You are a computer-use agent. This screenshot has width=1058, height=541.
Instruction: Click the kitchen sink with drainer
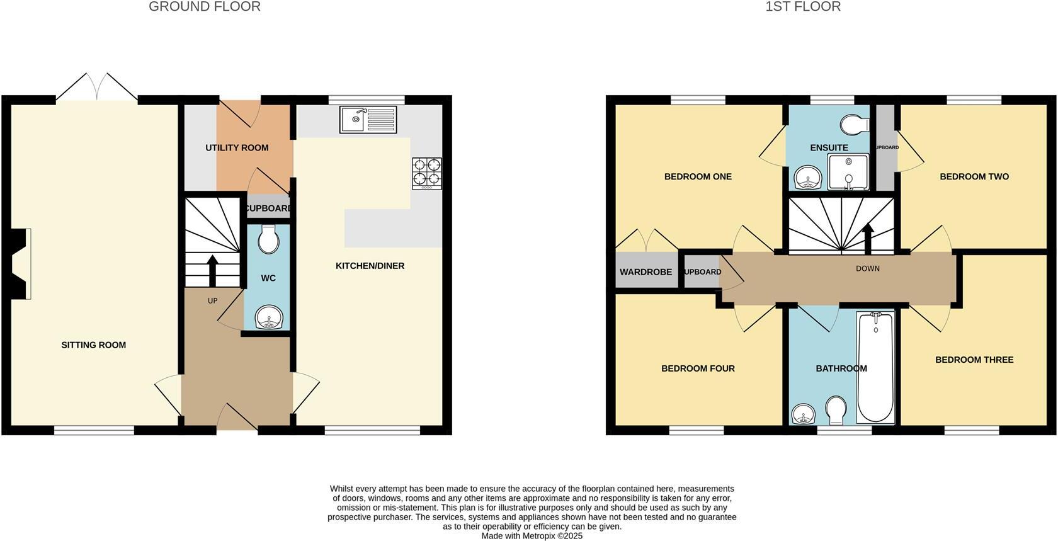point(368,120)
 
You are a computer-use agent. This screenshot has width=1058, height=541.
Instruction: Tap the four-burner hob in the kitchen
point(427,173)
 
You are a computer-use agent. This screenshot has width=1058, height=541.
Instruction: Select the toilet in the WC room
point(268,239)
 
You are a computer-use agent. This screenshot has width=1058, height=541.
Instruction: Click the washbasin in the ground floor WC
point(270,318)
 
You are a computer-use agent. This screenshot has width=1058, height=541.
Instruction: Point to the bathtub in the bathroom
point(875,367)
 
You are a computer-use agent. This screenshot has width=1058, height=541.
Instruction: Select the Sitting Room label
point(93,345)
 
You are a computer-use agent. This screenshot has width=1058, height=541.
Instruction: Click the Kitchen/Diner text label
point(370,266)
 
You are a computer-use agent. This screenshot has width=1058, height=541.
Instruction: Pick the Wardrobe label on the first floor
point(646,272)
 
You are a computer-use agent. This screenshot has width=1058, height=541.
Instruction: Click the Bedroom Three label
point(974,360)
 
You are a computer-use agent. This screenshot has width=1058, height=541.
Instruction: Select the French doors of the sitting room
point(96,88)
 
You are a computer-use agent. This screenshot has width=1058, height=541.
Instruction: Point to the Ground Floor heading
point(204,7)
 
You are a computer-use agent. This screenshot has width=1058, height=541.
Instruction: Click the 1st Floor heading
point(802,7)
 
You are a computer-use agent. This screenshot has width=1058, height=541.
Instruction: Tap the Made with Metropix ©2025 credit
point(532,536)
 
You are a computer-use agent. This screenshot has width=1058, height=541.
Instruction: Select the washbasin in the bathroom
point(803,414)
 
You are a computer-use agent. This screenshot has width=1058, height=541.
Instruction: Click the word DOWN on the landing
point(867,268)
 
